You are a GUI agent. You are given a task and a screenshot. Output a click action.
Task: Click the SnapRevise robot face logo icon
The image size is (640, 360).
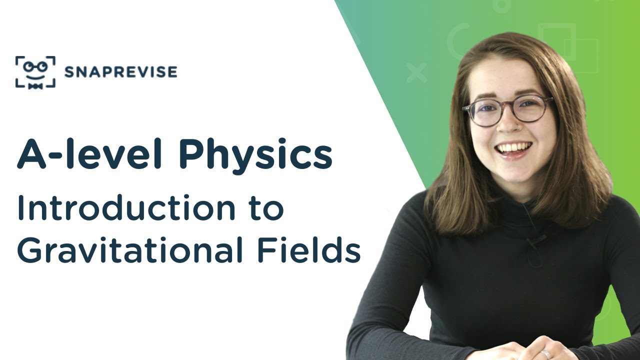[x=35, y=72]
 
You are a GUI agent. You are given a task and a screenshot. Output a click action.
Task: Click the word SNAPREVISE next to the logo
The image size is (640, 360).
[x=120, y=72]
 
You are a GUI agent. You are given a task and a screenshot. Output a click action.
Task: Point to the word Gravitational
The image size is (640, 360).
[x=130, y=251]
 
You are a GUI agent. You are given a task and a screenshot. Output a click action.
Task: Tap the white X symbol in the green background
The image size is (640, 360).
[x=416, y=73]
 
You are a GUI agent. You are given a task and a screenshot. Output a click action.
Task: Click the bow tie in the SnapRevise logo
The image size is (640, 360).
[x=35, y=86]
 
